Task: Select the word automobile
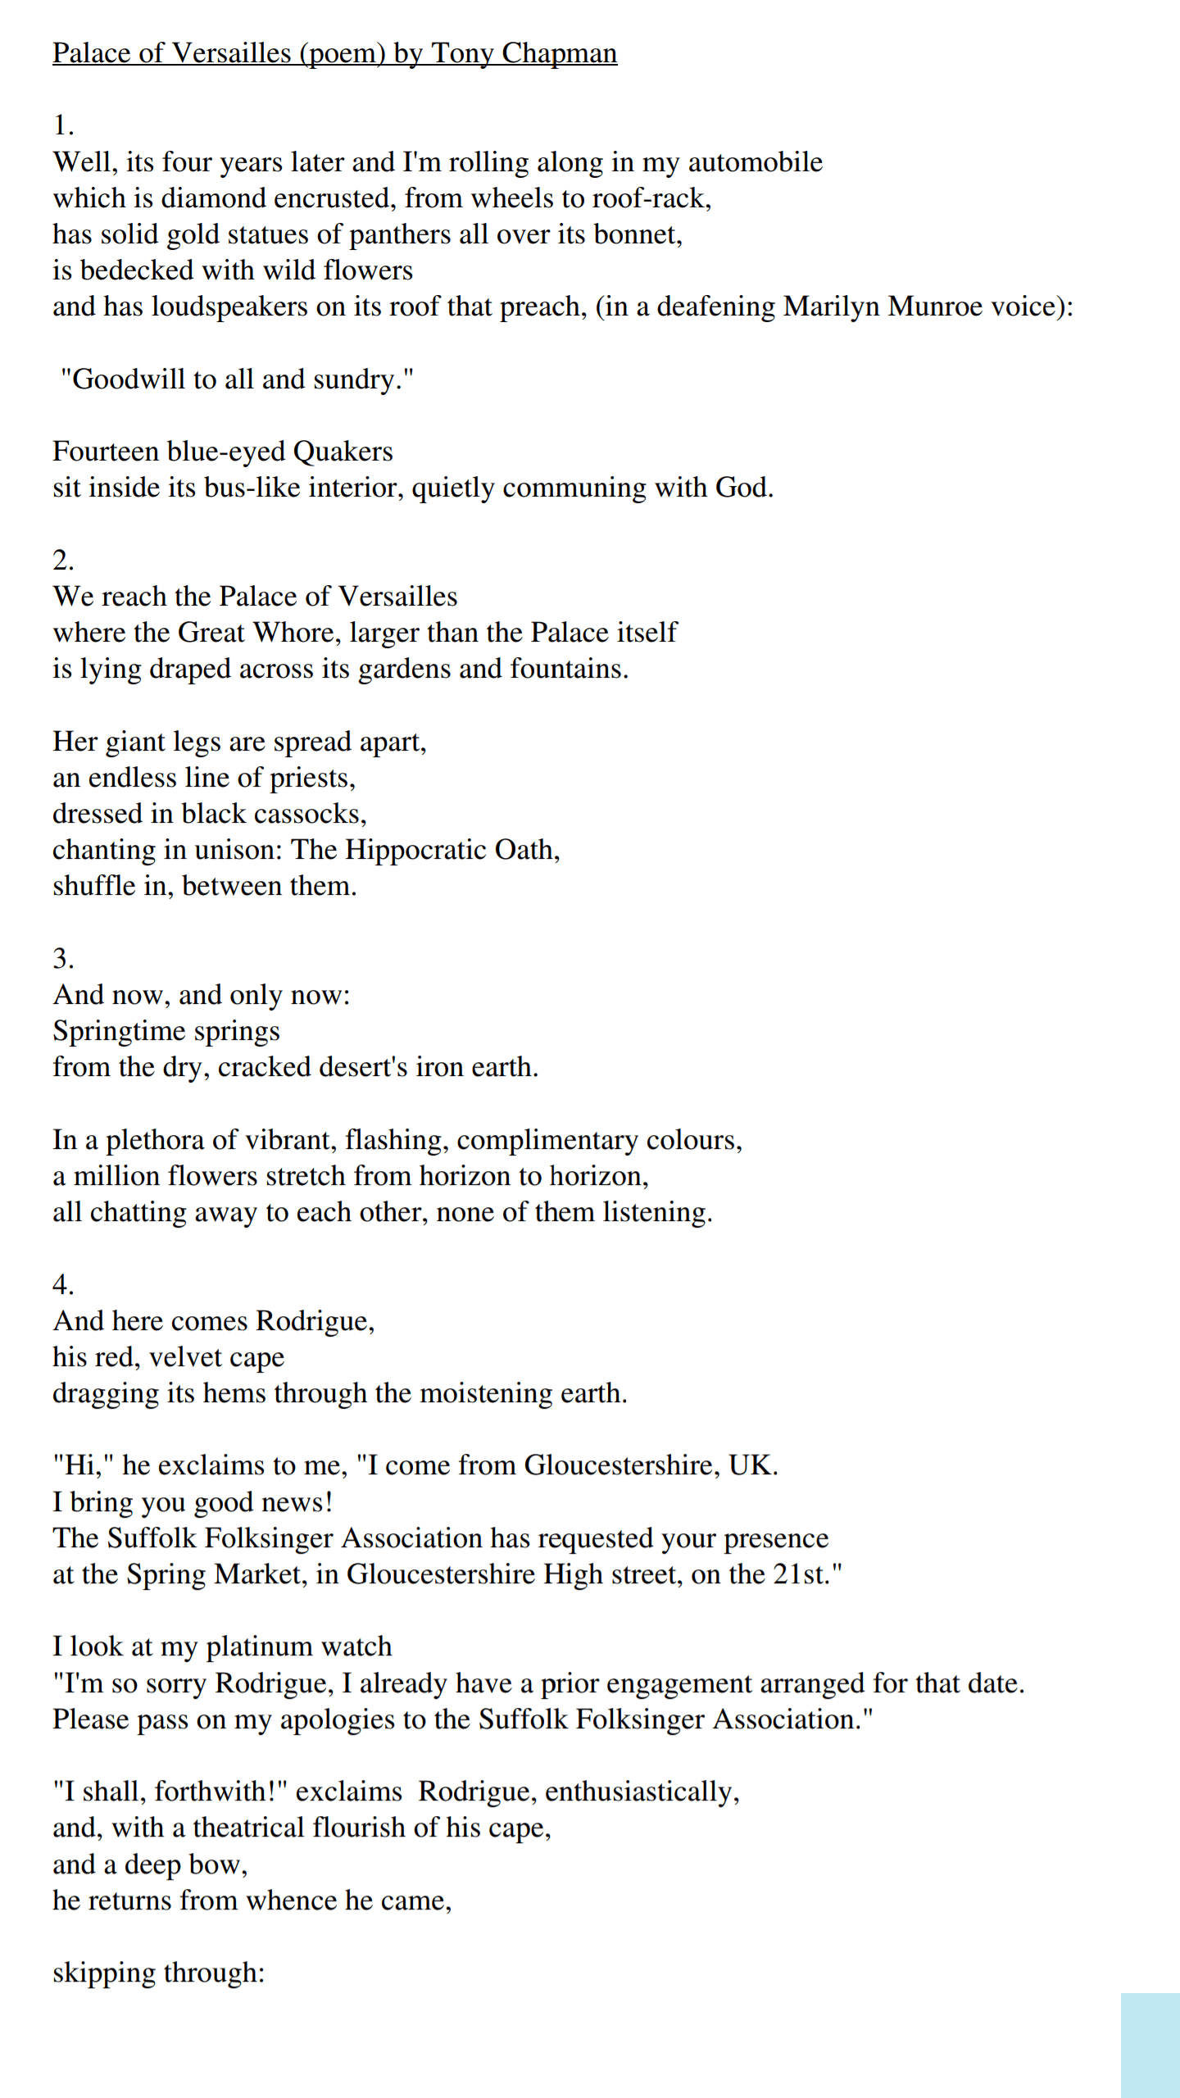point(755,162)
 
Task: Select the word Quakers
point(343,452)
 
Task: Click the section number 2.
point(62,561)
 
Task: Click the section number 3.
point(62,959)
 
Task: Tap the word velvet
point(197,1358)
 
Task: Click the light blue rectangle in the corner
point(1150,2046)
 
